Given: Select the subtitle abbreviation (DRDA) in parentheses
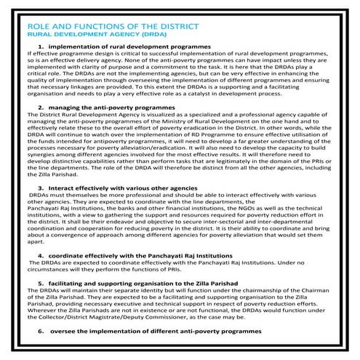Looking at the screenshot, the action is tap(156, 33).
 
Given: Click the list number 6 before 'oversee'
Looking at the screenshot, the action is tap(40, 330).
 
